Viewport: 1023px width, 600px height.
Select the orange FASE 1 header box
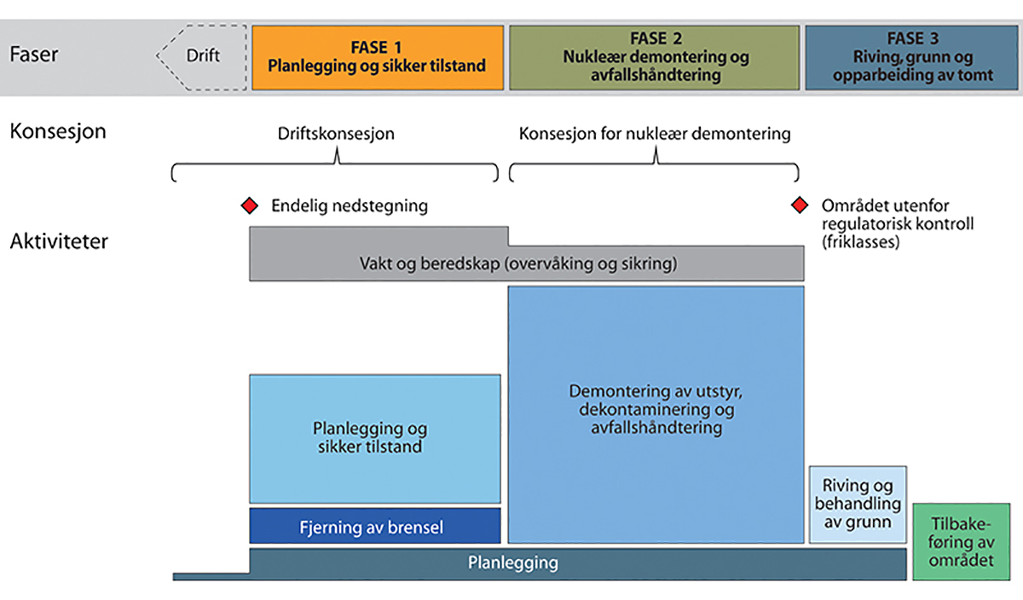377,57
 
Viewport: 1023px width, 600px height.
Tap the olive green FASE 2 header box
654,57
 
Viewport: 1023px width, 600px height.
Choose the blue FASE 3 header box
912,57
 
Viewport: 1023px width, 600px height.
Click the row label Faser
34,55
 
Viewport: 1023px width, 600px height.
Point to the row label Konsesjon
57,133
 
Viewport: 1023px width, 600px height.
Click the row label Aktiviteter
59,241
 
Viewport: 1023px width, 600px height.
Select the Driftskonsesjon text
336,135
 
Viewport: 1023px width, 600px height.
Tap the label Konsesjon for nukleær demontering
655,135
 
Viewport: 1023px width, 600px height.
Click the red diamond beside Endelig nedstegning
249,205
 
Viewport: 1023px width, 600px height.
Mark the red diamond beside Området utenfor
799,205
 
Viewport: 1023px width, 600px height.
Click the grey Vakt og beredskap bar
526,263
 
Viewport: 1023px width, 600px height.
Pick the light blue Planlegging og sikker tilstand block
374,438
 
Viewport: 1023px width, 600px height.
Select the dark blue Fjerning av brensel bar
374,526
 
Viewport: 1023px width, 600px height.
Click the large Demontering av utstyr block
656,413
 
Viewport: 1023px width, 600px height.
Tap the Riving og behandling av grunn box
857,504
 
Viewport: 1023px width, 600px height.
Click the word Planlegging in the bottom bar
512,563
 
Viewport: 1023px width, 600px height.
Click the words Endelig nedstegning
349,205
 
